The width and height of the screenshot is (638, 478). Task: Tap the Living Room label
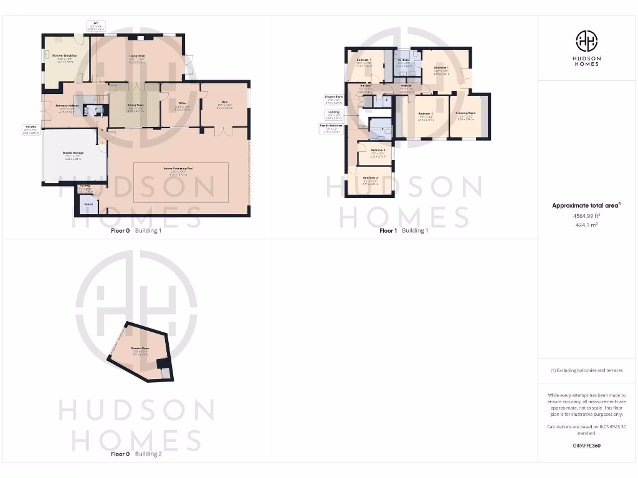coord(138,57)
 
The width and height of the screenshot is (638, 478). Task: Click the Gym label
coord(224,103)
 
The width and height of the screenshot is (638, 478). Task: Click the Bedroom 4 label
coord(364,60)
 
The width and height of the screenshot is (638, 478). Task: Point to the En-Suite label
coord(404,60)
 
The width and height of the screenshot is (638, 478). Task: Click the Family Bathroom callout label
coord(331,126)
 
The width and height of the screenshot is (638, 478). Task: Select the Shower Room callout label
coord(333,96)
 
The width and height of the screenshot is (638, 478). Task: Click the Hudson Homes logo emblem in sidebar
coord(586,41)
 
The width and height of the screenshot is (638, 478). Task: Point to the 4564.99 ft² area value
coord(586,215)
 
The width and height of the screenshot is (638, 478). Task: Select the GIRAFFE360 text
coord(586,446)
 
